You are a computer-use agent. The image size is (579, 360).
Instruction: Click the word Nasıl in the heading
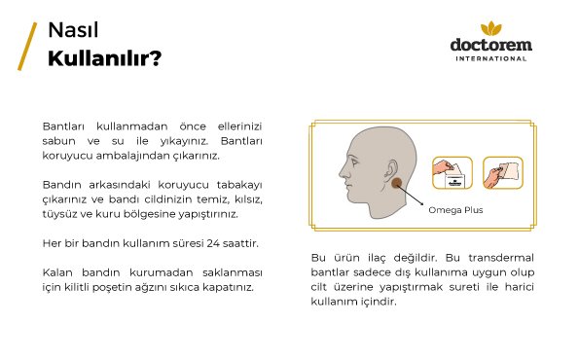(x=73, y=32)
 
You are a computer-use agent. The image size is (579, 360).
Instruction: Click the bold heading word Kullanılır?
(x=104, y=57)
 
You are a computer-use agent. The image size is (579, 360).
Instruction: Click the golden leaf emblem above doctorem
(x=491, y=28)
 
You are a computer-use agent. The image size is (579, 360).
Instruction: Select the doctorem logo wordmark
(x=491, y=45)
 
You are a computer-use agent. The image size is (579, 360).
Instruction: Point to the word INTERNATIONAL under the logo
(x=491, y=58)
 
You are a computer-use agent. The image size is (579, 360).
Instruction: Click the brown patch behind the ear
(x=396, y=182)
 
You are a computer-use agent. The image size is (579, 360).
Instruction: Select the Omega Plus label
(x=449, y=208)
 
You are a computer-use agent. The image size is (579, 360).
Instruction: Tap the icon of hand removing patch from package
(x=452, y=173)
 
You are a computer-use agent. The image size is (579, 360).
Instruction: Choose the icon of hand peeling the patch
(x=503, y=173)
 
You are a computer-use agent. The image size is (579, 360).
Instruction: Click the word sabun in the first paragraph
(x=60, y=141)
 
